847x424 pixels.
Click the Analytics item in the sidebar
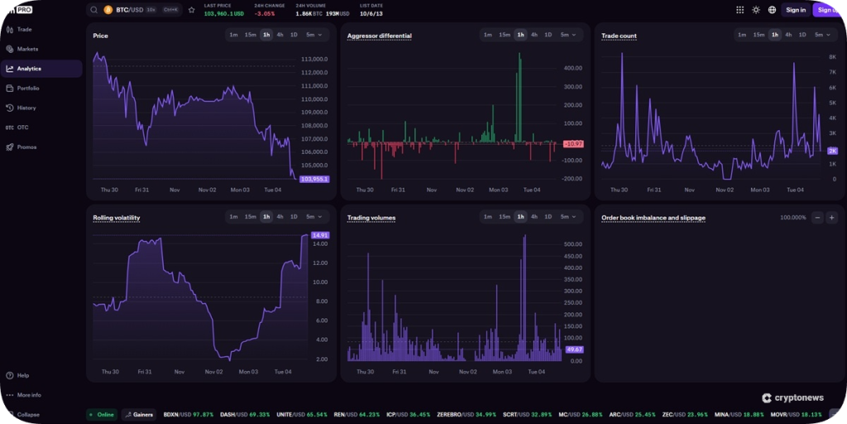click(29, 69)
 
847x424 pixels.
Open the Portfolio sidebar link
click(28, 88)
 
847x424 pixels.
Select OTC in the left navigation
click(22, 128)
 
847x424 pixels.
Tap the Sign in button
click(796, 10)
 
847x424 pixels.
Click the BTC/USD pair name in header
click(129, 10)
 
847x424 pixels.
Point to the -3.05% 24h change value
click(265, 14)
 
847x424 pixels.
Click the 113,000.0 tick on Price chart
click(314, 60)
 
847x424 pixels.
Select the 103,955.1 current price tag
click(314, 179)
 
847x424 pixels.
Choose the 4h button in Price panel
click(280, 35)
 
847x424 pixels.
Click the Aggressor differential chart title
click(379, 36)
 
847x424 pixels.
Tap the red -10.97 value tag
click(572, 144)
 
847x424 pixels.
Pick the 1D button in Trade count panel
click(802, 35)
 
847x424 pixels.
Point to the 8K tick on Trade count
click(832, 56)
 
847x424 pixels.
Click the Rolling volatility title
click(116, 218)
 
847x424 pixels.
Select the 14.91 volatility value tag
click(320, 235)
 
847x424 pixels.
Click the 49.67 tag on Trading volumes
click(574, 349)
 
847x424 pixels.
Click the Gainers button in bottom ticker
click(138, 414)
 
